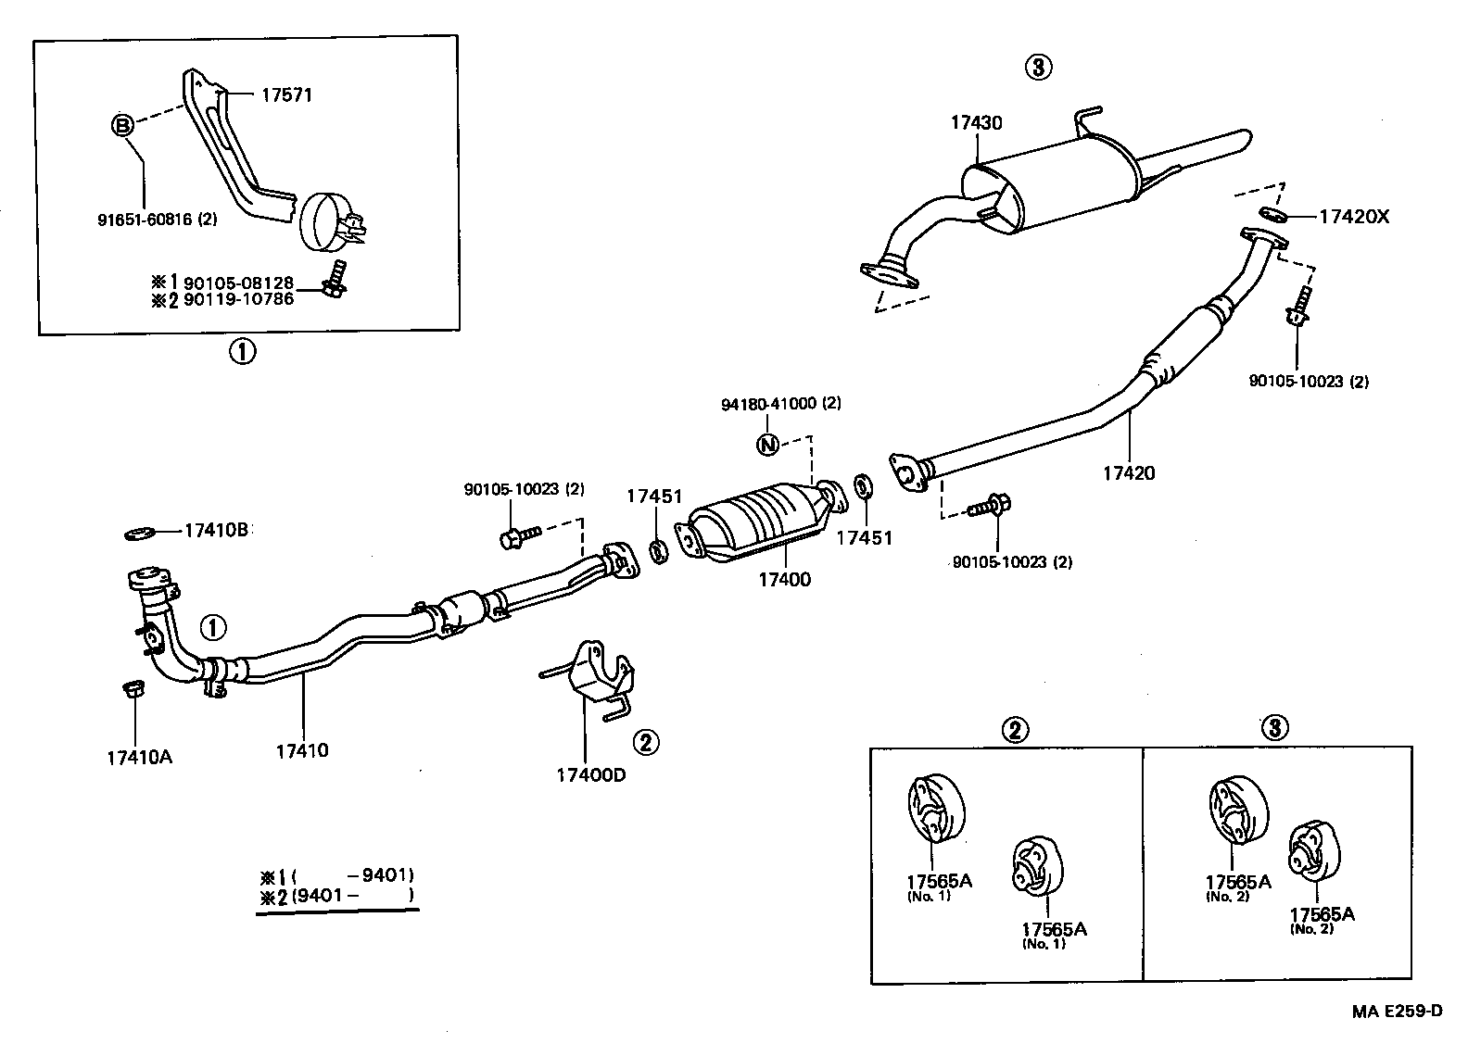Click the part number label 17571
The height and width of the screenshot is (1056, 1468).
(285, 94)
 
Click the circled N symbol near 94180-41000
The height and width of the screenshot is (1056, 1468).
(767, 446)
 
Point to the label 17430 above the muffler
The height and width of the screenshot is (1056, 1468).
(975, 122)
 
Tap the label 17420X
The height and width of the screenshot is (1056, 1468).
(1354, 217)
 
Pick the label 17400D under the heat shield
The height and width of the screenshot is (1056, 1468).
(590, 774)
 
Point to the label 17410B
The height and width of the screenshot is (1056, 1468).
(216, 531)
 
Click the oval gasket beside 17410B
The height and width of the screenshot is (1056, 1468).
(139, 534)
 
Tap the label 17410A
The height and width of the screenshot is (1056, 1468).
(139, 757)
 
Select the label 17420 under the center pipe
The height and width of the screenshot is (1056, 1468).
(1128, 473)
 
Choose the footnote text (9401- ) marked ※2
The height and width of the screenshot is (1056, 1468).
(352, 896)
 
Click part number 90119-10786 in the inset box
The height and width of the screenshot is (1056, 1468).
(238, 298)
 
